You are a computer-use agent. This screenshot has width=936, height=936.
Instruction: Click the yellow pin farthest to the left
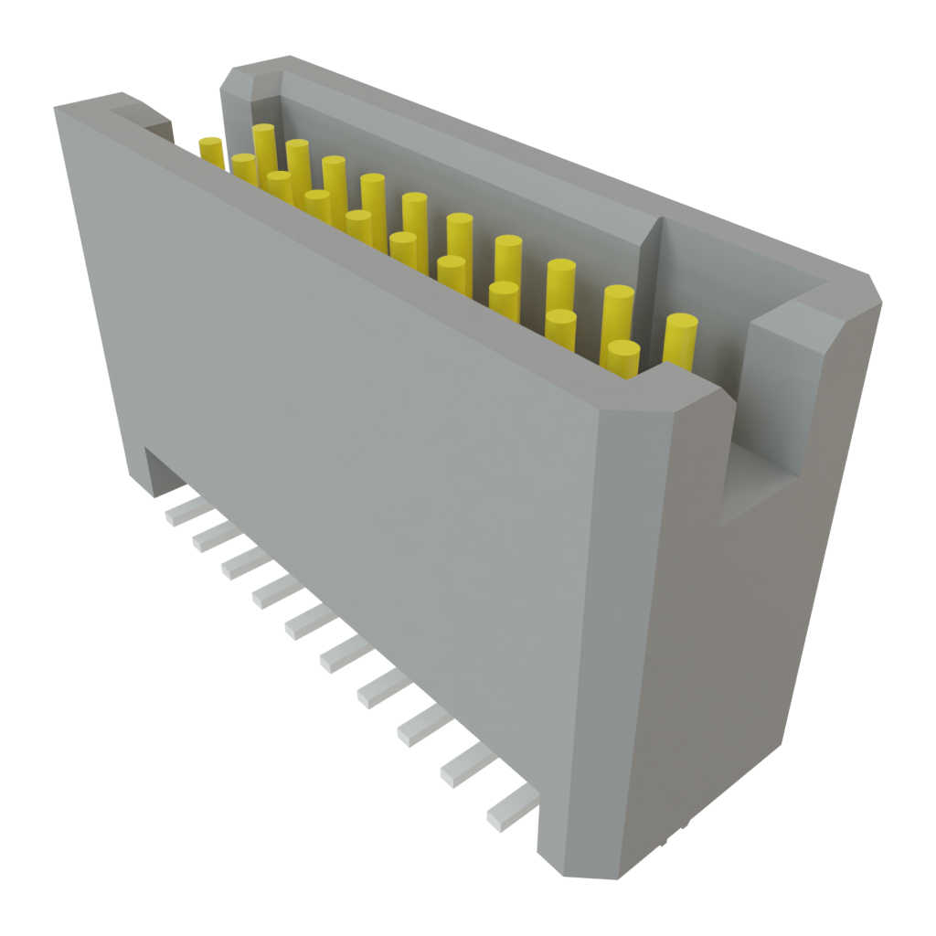tap(211, 151)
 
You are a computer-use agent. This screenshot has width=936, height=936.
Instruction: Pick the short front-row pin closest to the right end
tap(622, 357)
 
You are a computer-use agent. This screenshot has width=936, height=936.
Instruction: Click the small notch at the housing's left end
tap(146, 119)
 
